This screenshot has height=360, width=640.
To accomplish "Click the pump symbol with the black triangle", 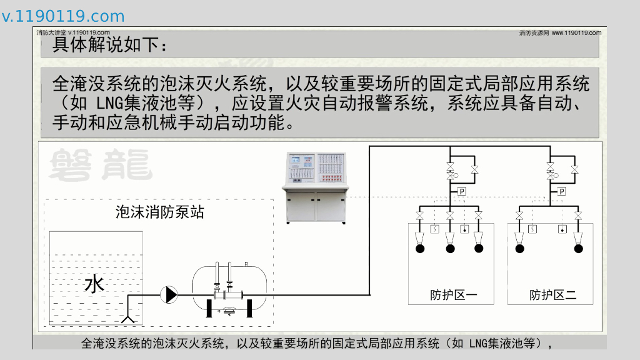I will pos(169,294).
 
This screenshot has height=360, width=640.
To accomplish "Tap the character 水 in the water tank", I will pos(94,284).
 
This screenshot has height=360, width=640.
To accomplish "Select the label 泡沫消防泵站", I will pos(159,212).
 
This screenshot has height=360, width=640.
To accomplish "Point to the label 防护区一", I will pos(453,295).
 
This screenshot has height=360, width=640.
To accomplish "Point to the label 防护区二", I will pos(552,295).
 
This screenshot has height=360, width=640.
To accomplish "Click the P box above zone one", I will pos(462,191).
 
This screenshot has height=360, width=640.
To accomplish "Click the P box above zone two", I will pos(562,191).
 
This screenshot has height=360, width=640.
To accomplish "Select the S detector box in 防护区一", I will pos(435,229).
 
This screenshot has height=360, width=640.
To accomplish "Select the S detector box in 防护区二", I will pos(533,229).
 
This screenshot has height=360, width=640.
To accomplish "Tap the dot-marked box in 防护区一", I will pos(464,229).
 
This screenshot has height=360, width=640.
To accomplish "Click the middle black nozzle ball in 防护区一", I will pos(450,249).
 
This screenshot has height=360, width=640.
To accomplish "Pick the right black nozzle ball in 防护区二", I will pos(579,249).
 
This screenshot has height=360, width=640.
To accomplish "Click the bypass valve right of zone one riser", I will pos(474,169).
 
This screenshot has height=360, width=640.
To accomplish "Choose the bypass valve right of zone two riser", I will pos(574,169).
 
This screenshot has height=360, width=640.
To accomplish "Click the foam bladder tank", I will pos(229,289).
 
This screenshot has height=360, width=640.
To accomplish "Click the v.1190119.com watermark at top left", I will pos(63,17).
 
